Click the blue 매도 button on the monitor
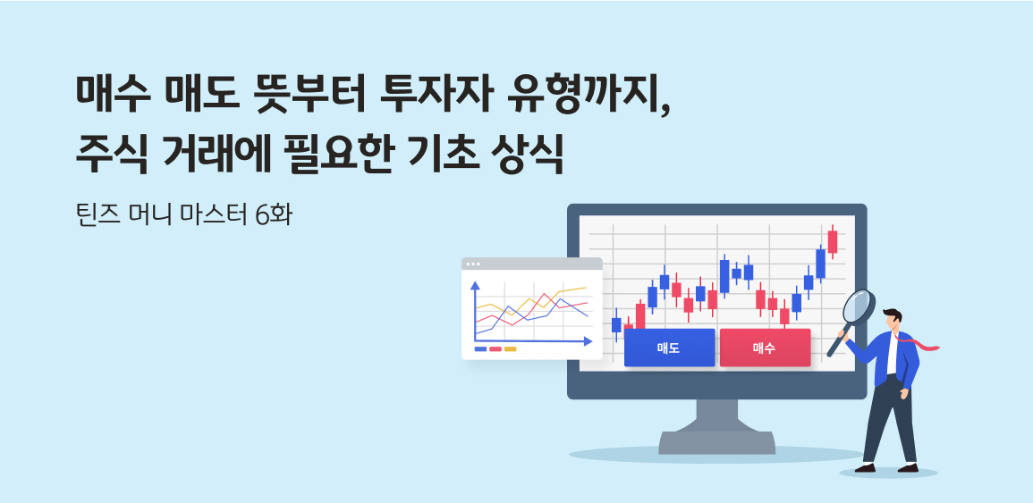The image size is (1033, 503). click(x=669, y=348)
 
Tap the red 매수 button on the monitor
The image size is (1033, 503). click(x=765, y=348)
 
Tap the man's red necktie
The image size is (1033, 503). click(x=921, y=342)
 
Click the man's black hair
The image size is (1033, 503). click(x=893, y=314)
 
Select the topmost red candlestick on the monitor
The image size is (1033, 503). click(x=832, y=241)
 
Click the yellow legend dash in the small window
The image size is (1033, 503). click(x=510, y=349)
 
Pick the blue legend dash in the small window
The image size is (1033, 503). click(x=480, y=349)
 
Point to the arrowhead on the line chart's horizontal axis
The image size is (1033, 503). click(x=588, y=341)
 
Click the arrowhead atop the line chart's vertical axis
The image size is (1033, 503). click(x=475, y=286)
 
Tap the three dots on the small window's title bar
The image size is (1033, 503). click(x=473, y=264)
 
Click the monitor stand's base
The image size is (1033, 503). click(x=716, y=442)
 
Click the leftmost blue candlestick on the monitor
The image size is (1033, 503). click(x=616, y=324)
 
